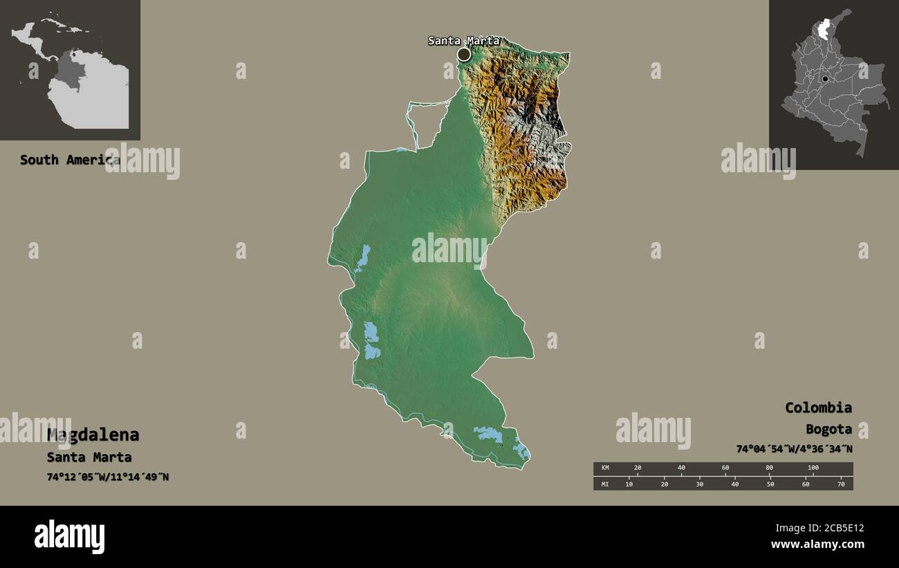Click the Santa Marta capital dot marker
(464, 54)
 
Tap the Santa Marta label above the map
(463, 41)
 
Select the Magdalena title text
(93, 435)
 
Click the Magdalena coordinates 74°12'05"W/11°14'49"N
(107, 477)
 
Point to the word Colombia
(818, 407)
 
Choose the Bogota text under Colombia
(828, 429)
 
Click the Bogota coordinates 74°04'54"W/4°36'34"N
(794, 449)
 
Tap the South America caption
(69, 160)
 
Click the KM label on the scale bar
(605, 468)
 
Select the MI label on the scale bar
(605, 484)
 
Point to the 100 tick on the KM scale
(813, 468)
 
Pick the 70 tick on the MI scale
(841, 484)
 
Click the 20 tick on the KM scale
(638, 468)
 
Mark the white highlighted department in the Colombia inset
(824, 30)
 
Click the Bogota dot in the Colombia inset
(825, 80)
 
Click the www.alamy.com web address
(818, 544)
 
